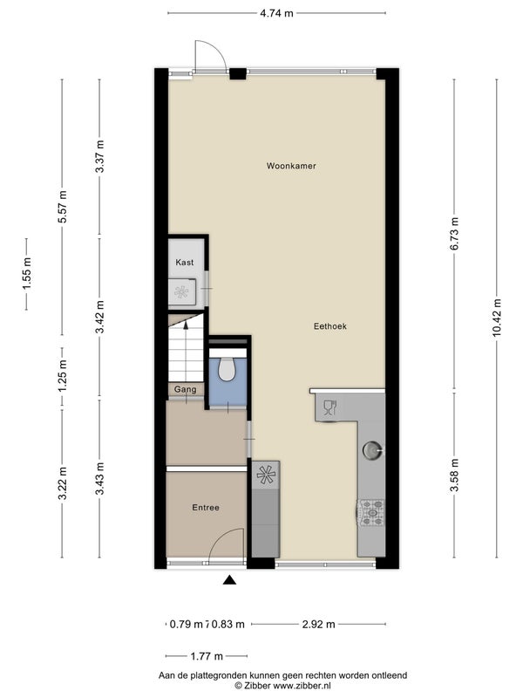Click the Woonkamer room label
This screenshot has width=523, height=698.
[x=291, y=166]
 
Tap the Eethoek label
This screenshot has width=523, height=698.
[x=330, y=326]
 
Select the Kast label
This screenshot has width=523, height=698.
[x=185, y=263]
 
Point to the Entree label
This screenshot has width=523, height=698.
[x=206, y=508]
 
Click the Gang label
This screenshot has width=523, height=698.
[x=185, y=389]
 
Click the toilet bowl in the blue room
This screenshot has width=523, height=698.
[x=228, y=368]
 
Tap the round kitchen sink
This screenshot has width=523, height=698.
[x=371, y=450]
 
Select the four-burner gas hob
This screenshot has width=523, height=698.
[x=371, y=512]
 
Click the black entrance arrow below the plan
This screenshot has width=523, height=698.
[x=229, y=579]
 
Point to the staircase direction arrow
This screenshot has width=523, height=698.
[x=186, y=326]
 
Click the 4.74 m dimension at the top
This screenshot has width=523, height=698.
[x=276, y=13]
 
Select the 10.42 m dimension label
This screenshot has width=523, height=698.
[x=497, y=318]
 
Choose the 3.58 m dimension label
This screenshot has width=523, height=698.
[x=454, y=476]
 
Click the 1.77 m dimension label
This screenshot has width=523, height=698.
[x=207, y=656]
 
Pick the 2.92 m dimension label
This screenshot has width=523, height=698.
[x=318, y=624]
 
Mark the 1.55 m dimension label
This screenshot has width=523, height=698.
[x=27, y=274]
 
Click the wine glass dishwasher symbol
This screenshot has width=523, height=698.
[x=330, y=408]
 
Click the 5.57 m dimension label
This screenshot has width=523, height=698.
[x=62, y=207]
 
